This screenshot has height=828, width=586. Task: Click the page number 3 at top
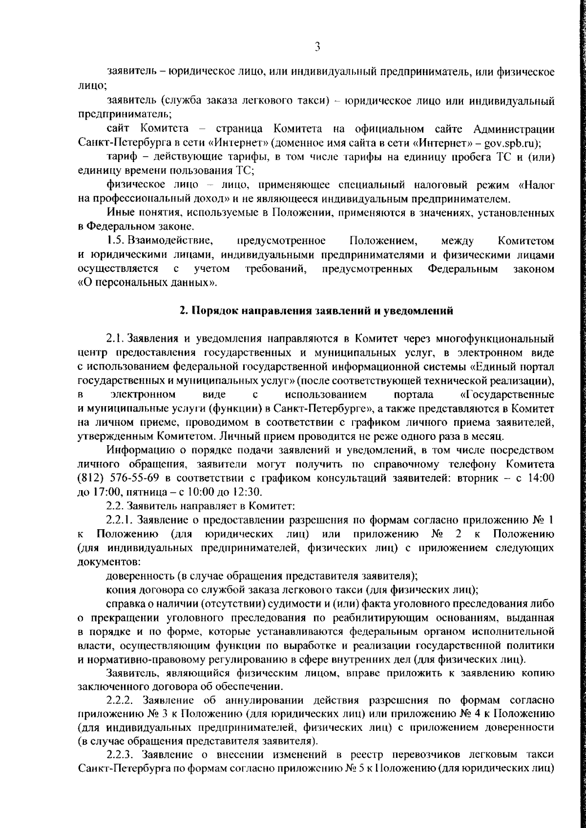point(317,47)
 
